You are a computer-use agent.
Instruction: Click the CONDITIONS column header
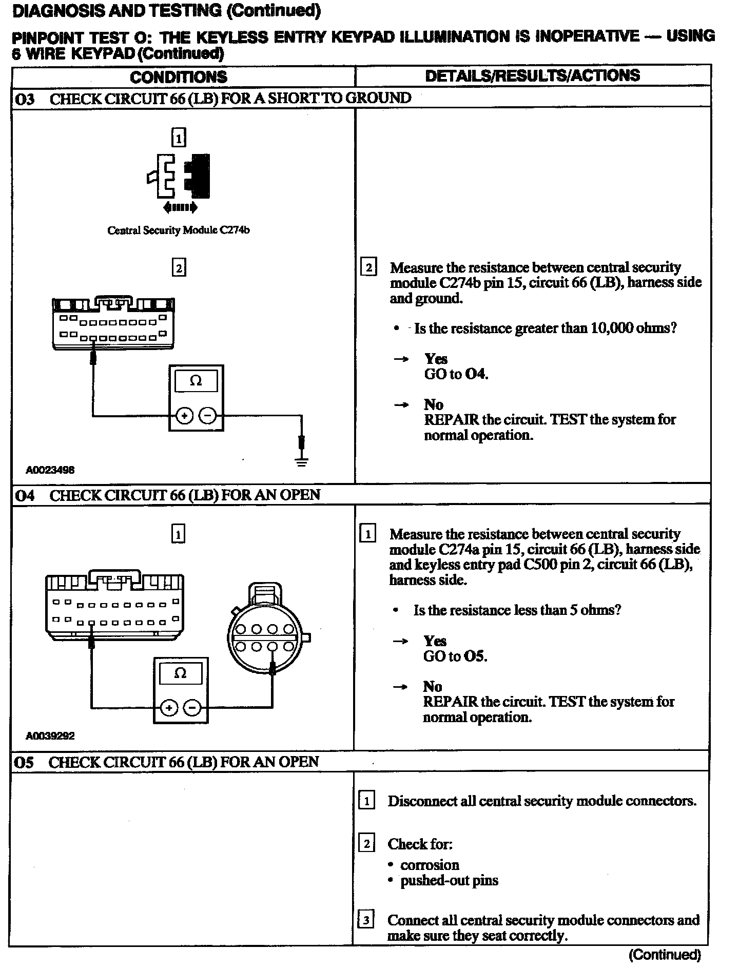tap(178, 77)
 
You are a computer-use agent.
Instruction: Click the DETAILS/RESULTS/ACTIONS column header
tap(533, 75)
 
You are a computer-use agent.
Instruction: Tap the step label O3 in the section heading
tap(25, 99)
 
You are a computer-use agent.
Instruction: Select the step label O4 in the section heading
tap(25, 495)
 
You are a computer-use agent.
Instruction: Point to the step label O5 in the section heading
tap(24, 762)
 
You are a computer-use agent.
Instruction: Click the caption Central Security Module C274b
tap(178, 230)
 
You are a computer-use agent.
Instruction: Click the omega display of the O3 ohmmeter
tap(196, 381)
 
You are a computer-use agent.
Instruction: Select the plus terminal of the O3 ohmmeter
tap(183, 416)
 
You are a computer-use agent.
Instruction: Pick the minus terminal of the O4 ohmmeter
tap(192, 708)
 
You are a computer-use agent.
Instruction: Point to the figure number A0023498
tap(50, 470)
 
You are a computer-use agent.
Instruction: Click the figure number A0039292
tap(50, 735)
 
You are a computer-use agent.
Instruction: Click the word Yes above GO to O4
tap(436, 359)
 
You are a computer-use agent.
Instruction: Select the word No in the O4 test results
tap(433, 687)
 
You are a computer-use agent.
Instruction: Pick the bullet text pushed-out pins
tap(449, 881)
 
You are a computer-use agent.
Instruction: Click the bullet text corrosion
tap(430, 865)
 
